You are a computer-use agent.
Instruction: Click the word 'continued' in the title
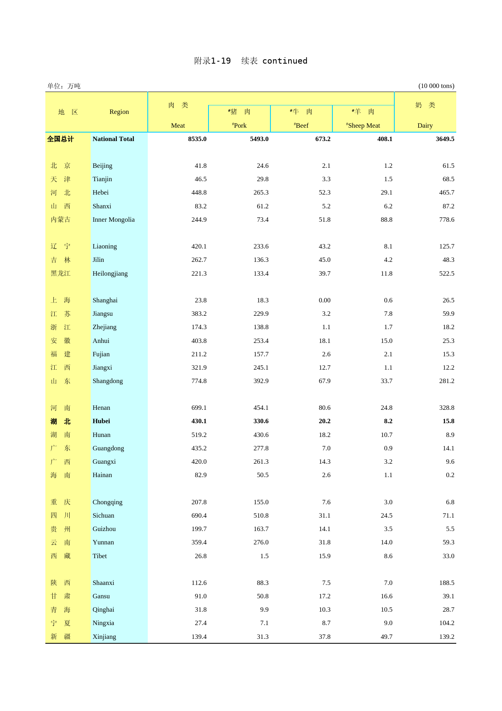coord(285,61)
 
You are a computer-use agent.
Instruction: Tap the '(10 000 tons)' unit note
coord(436,86)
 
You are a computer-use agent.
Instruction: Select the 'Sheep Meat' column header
coord(363,126)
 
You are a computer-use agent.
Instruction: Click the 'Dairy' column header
coord(425,126)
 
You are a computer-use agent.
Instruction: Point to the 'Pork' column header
coord(240,126)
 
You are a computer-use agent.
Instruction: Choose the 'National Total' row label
coord(113,139)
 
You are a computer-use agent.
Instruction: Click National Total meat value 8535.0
coord(197,139)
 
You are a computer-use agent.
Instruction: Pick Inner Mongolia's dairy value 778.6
coord(447,220)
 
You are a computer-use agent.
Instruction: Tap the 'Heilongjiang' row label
coord(110,274)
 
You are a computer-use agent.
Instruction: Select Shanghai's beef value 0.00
coord(324,300)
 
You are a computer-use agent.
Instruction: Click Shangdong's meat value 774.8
coord(199,381)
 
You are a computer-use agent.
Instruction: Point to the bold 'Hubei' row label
coord(101,421)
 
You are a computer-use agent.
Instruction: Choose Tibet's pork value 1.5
coord(264,556)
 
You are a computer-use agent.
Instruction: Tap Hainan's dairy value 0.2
coord(450,475)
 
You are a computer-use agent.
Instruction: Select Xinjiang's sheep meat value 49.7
coord(386,637)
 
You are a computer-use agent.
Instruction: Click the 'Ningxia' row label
coord(103,623)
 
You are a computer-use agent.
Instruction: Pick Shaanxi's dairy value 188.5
coord(447,583)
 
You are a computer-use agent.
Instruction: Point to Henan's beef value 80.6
coord(324,408)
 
